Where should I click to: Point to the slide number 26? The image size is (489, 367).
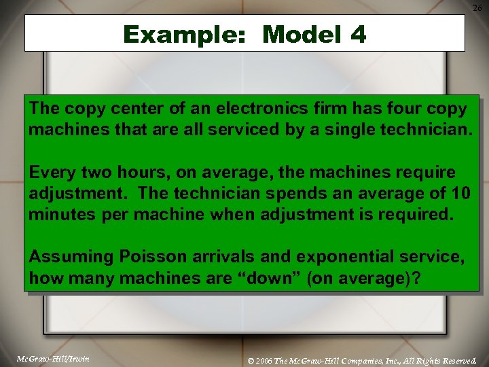[477, 7]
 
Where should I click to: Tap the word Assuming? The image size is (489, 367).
[71, 257]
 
